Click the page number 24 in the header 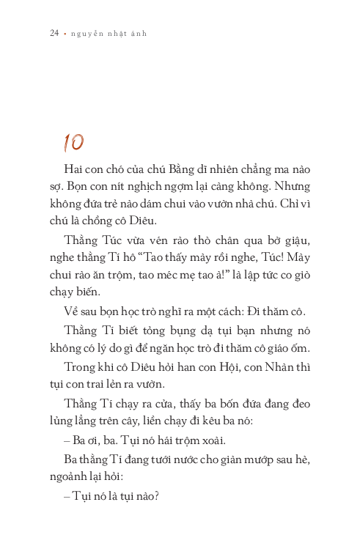pyautogui.click(x=54, y=34)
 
